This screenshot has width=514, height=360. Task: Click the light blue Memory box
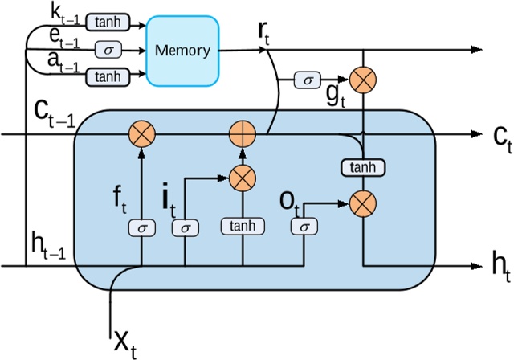point(182,50)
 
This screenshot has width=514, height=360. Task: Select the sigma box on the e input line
point(106,50)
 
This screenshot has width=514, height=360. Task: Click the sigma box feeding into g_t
point(306,80)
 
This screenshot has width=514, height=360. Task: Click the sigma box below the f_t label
point(142,227)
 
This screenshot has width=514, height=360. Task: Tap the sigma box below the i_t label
point(186,227)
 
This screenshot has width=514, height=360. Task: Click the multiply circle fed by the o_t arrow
point(364,204)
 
